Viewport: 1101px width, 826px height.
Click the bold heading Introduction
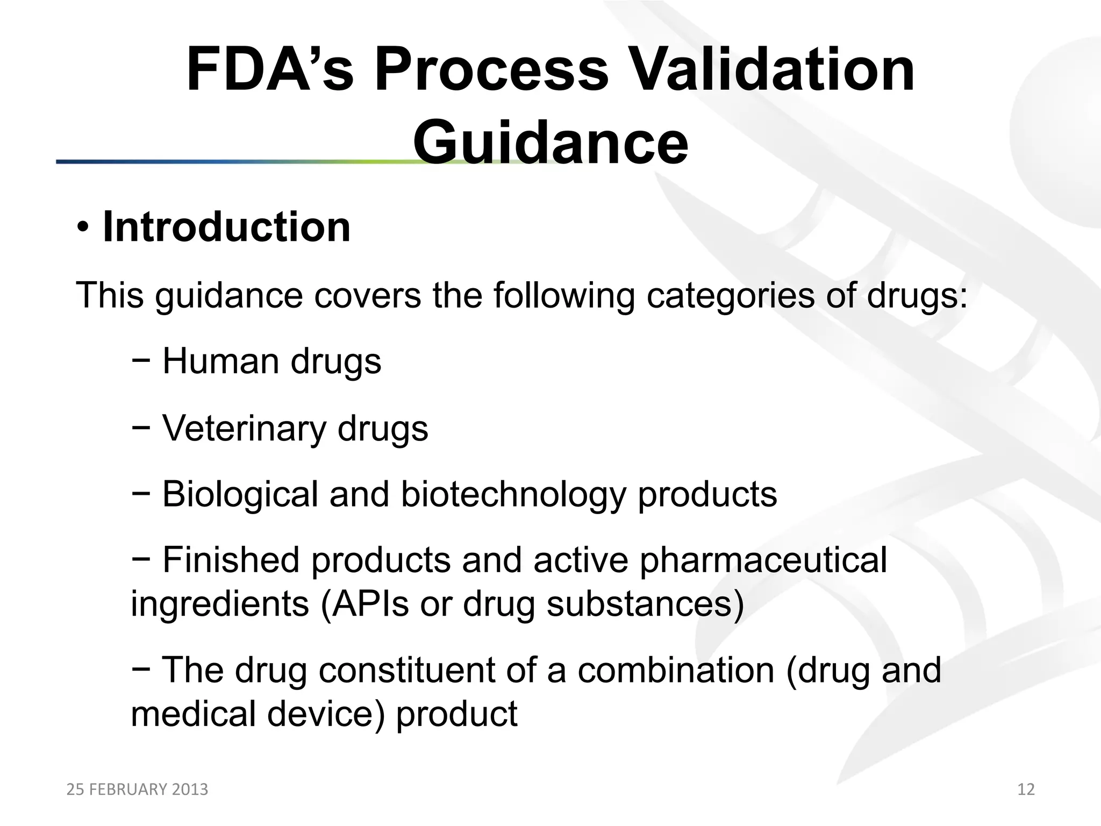(226, 227)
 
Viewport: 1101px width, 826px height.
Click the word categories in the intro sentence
(730, 295)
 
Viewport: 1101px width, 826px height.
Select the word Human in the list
(221, 361)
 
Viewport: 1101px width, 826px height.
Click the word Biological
(240, 494)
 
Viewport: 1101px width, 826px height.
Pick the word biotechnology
(513, 494)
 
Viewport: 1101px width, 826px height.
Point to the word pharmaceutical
(763, 560)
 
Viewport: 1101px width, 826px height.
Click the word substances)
(645, 604)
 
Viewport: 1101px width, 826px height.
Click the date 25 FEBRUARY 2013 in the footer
(137, 789)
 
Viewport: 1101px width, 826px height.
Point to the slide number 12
(1026, 789)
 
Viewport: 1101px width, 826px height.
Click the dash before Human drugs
(140, 361)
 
